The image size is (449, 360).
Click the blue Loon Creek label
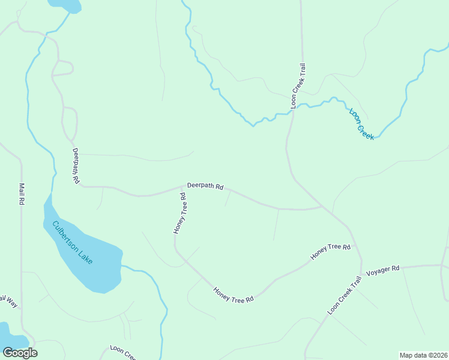(x=362, y=124)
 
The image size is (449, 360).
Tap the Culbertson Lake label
(x=72, y=243)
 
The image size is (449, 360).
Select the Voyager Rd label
(x=382, y=270)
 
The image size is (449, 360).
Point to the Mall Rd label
(x=21, y=194)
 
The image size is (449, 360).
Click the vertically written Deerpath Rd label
(x=76, y=166)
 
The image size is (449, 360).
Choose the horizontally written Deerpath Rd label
(x=205, y=186)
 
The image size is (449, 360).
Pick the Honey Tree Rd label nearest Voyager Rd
(x=330, y=251)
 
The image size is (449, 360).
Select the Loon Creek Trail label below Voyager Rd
(x=345, y=296)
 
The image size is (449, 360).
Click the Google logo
(x=20, y=352)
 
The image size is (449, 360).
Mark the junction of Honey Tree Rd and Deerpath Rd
(x=181, y=187)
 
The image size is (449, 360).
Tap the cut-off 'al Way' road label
(x=9, y=301)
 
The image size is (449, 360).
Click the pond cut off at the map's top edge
(x=64, y=5)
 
